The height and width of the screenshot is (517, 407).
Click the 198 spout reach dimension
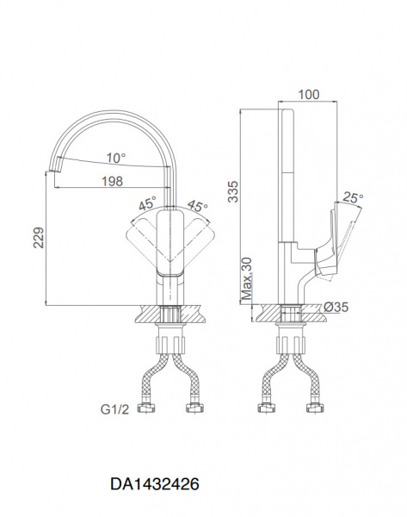click(112, 181)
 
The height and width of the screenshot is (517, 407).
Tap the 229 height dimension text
click(39, 238)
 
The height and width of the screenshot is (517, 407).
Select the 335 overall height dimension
click(233, 191)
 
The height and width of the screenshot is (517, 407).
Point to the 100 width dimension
click(309, 95)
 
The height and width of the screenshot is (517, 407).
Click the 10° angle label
click(116, 159)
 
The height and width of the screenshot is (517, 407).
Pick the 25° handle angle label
click(353, 198)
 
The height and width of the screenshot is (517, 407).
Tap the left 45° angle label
click(147, 203)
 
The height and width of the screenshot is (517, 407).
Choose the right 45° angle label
click(198, 206)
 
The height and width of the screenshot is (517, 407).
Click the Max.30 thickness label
click(247, 278)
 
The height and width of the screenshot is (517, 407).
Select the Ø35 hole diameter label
click(336, 308)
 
